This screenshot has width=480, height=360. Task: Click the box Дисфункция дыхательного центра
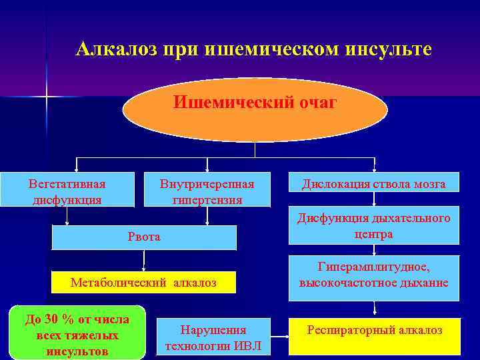pos(374,226)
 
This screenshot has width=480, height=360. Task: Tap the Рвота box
pos(144,237)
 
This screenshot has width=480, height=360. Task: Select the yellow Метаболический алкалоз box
pos(143,283)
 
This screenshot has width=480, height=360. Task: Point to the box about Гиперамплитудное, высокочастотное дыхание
pos(374,275)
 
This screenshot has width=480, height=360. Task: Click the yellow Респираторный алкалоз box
pos(374,336)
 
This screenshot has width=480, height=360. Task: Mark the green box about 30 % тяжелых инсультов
pos(77,333)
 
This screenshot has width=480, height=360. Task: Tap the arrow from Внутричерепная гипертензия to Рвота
pos(207,217)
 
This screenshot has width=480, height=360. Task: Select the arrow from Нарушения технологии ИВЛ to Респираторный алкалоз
pos(279,337)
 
